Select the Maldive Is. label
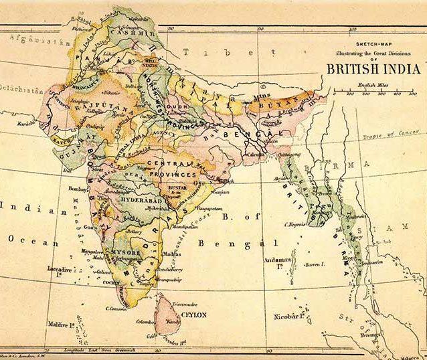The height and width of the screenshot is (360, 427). pyautogui.click(x=62, y=325)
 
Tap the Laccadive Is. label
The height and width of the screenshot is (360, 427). pyautogui.click(x=60, y=268)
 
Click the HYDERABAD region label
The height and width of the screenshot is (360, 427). pyautogui.click(x=141, y=199)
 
